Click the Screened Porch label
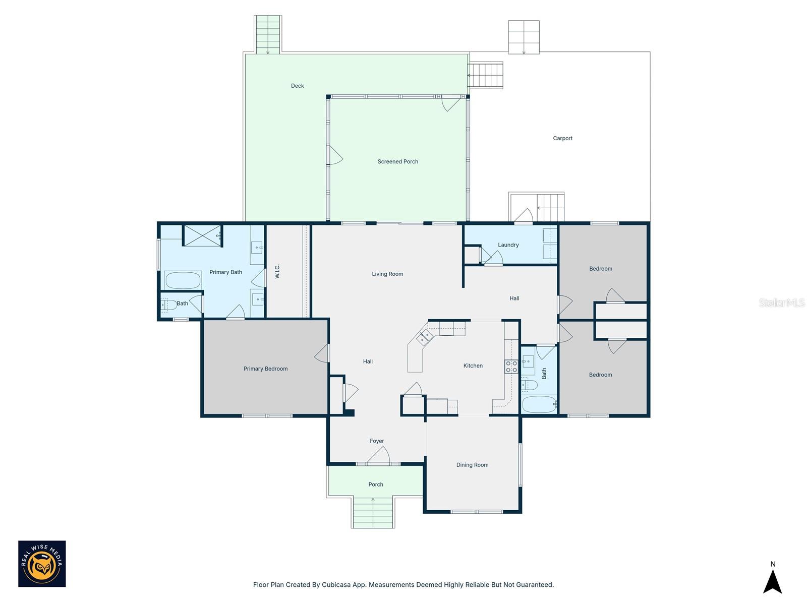(x=397, y=162)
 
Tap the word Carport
(x=562, y=138)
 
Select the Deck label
(x=297, y=86)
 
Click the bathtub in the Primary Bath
(x=183, y=280)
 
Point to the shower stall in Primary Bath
(x=202, y=235)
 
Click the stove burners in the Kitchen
(x=511, y=367)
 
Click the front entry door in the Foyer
(x=378, y=456)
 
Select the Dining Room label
(x=472, y=465)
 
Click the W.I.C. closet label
(x=277, y=271)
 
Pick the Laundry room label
(x=508, y=245)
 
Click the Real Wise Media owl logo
(x=42, y=564)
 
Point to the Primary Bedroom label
(x=265, y=369)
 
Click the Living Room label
(x=387, y=274)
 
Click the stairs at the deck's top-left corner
(x=268, y=34)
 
